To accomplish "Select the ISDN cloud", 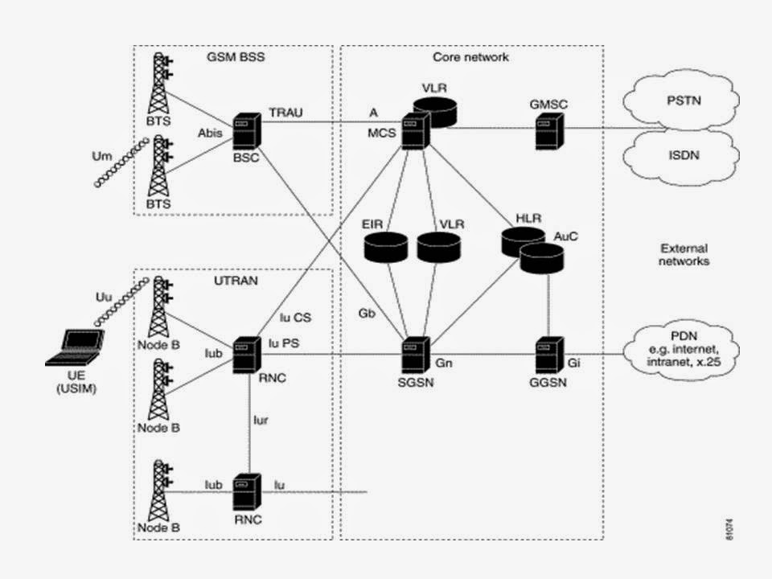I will (684, 156).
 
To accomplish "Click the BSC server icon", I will (244, 131).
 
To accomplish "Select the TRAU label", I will (285, 113).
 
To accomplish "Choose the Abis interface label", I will (209, 134).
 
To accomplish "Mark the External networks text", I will (684, 255).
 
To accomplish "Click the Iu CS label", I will (295, 318).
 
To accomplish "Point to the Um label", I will (102, 154).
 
